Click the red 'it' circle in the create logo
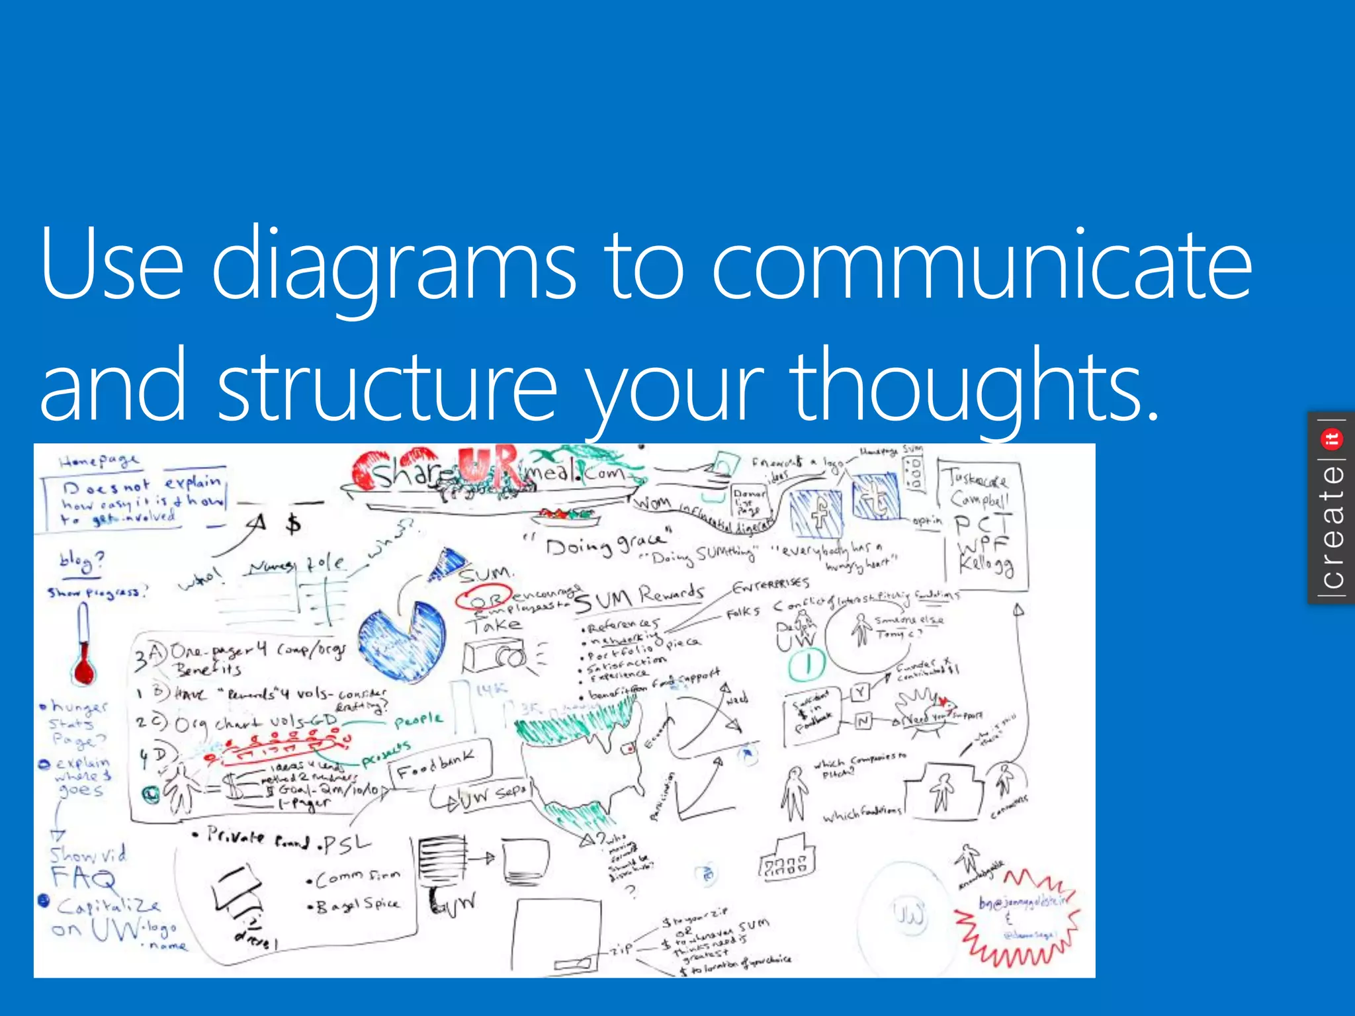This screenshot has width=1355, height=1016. click(x=1331, y=439)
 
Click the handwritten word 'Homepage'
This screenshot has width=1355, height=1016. click(x=99, y=460)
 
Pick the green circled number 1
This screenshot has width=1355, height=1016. click(x=807, y=665)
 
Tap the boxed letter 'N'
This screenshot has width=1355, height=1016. click(x=863, y=721)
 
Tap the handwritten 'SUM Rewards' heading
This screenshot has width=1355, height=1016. click(x=639, y=597)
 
